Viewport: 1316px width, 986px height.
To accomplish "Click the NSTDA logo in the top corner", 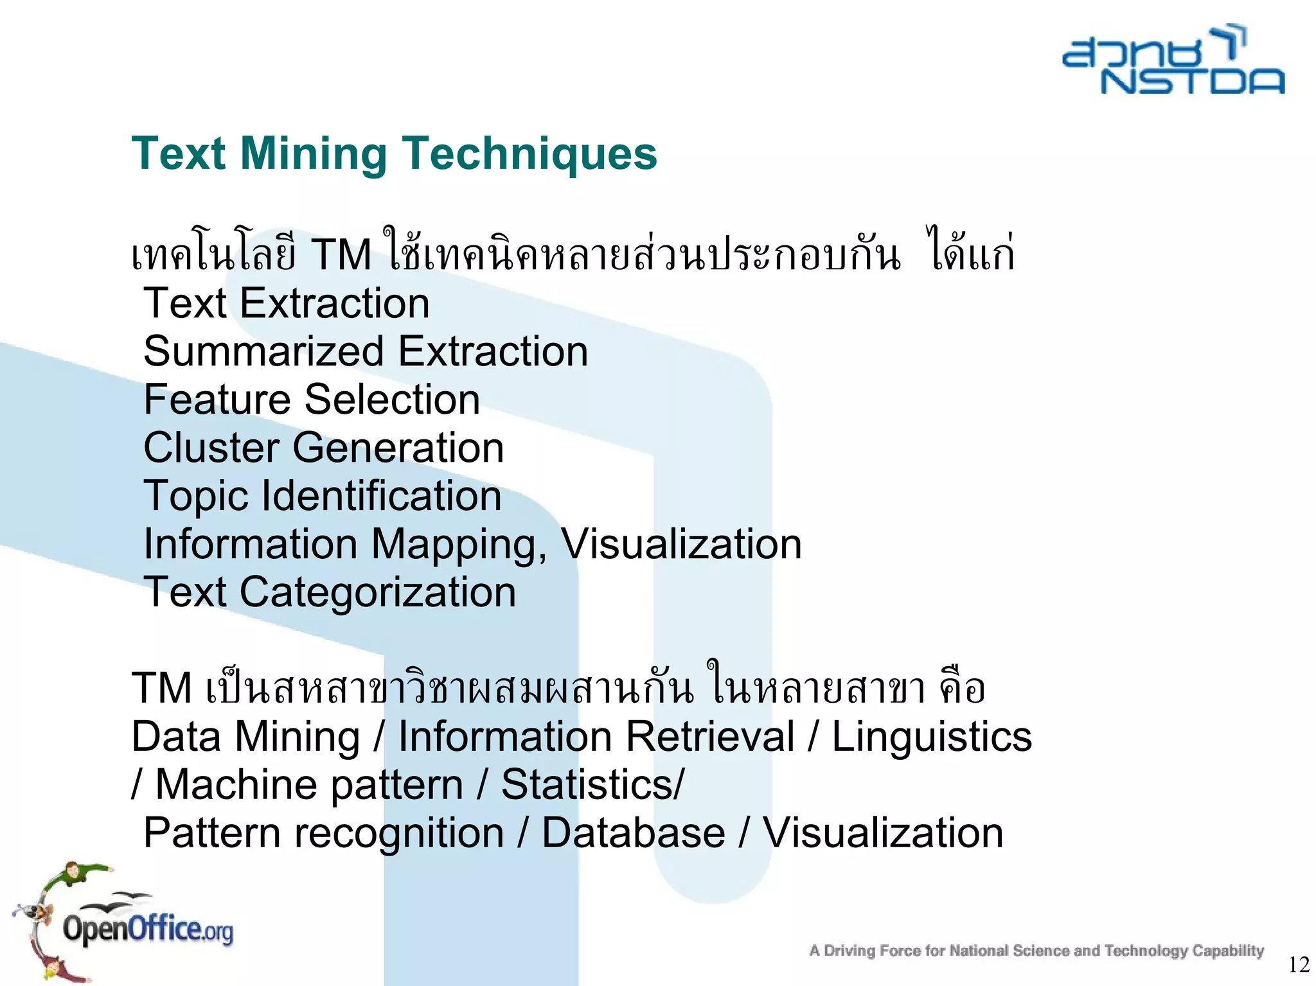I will coord(1173,61).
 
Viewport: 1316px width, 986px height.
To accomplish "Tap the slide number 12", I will coord(1299,964).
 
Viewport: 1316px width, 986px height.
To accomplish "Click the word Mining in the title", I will coord(314,154).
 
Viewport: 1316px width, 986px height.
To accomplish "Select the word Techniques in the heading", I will coord(529,154).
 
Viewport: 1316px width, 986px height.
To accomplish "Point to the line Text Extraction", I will coord(287,303).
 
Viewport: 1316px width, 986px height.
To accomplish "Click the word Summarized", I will coord(263,351).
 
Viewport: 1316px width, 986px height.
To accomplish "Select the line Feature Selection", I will coord(312,400).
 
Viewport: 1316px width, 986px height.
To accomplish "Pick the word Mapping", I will coord(459,545).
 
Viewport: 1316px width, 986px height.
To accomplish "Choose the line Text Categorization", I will coord(330,592).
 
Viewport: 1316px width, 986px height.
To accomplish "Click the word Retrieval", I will coord(709,736).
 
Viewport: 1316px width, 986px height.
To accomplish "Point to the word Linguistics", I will coord(932,736).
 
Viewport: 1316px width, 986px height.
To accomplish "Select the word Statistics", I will coord(588,784).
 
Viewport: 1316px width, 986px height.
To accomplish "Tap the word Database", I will coord(634,833).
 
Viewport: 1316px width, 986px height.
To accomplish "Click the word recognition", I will coord(399,833).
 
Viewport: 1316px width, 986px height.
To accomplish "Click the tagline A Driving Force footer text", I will coord(1036,951).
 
